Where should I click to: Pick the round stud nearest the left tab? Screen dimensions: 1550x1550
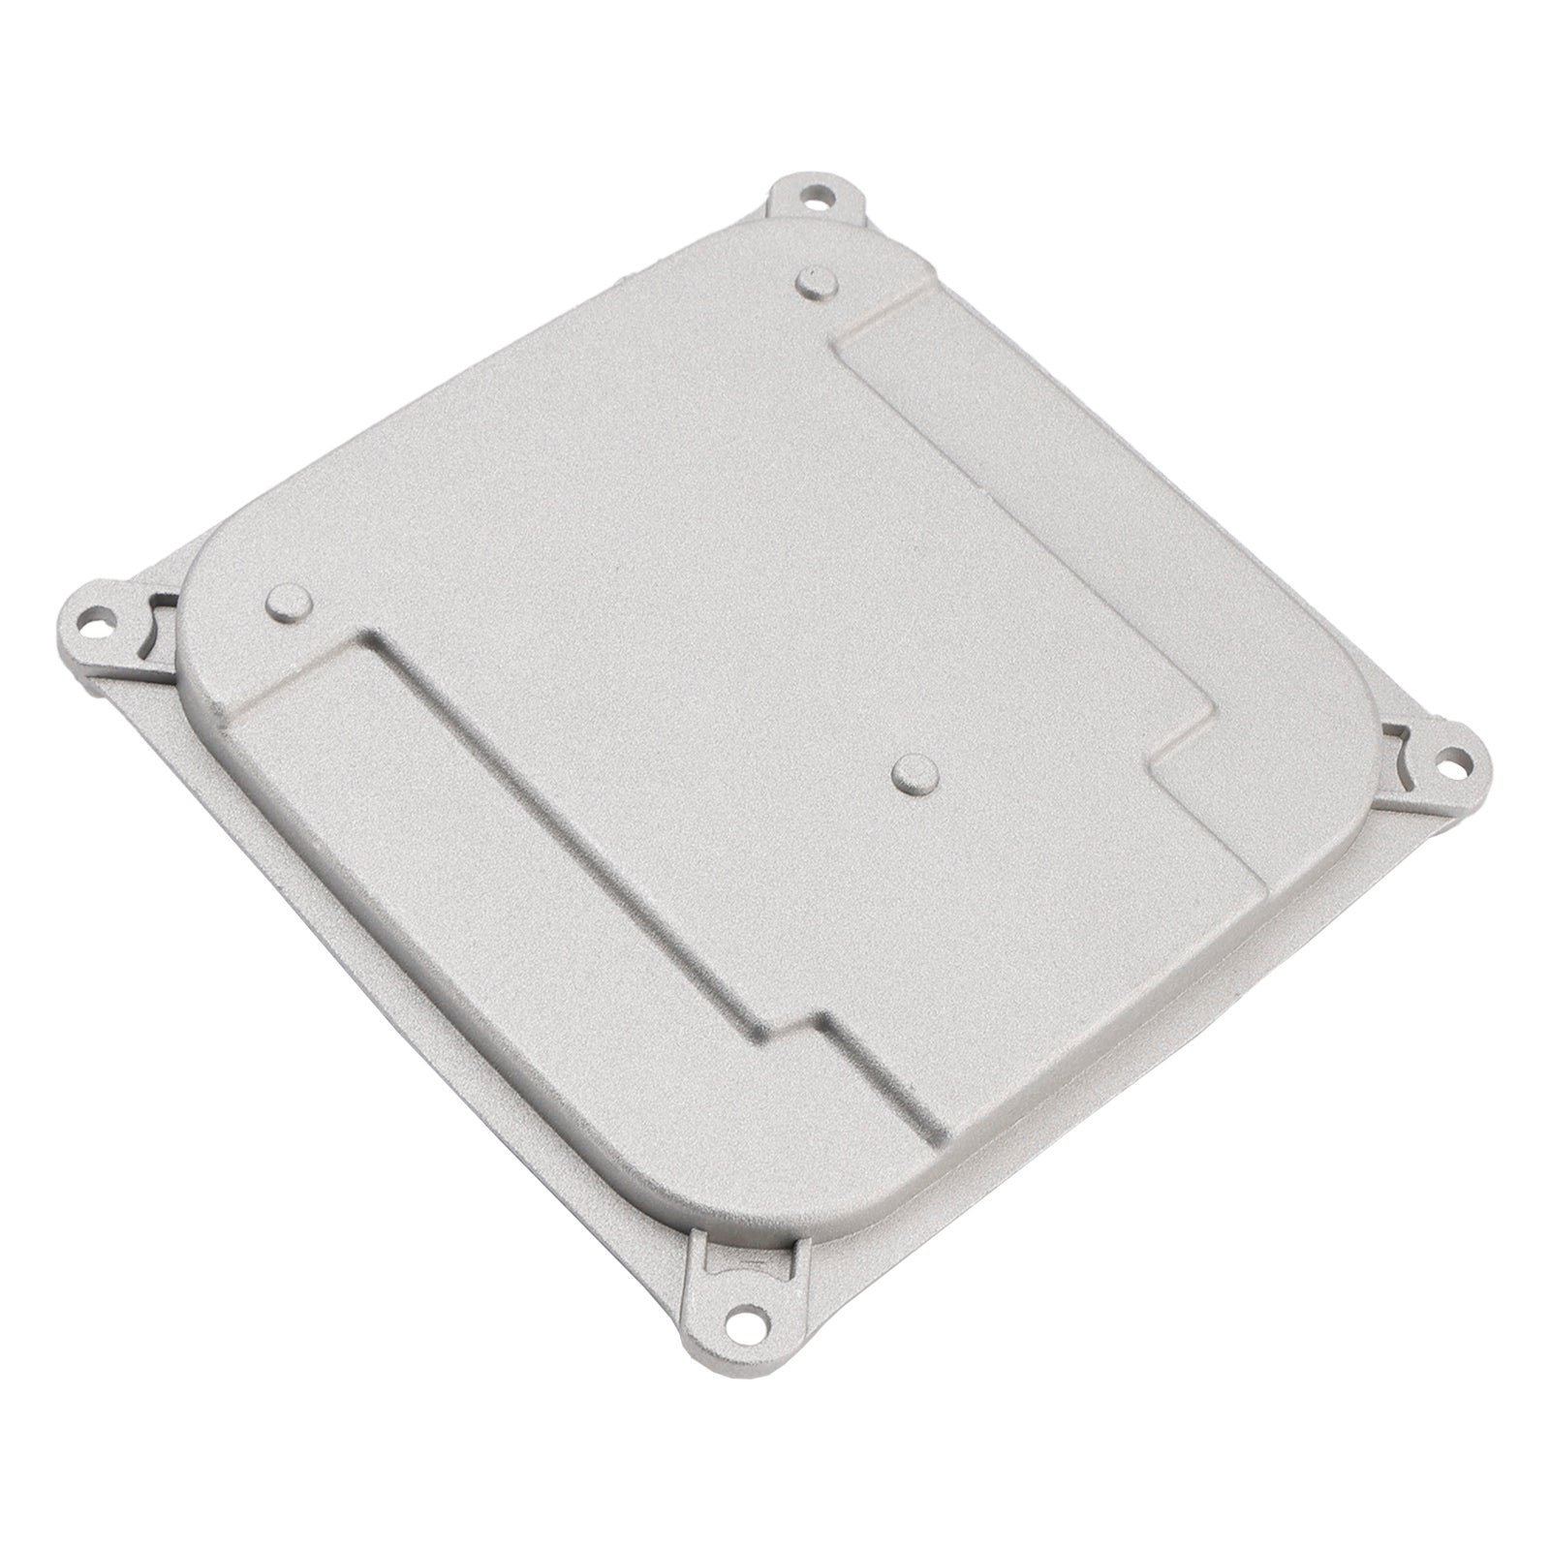coord(288,604)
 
